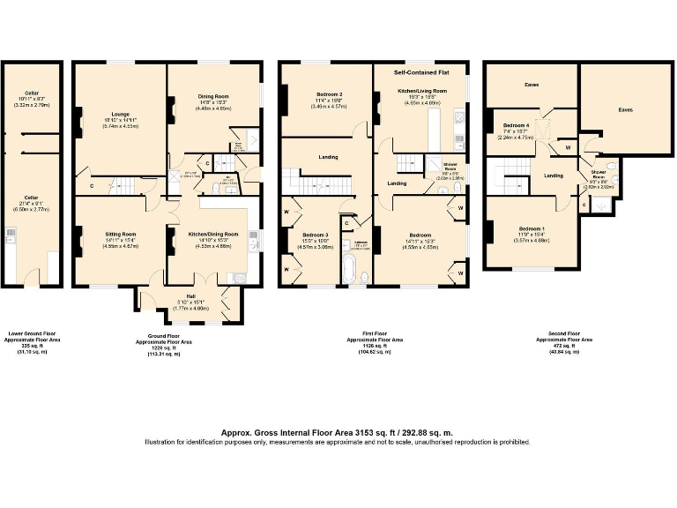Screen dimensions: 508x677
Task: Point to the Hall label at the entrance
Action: pos(190,296)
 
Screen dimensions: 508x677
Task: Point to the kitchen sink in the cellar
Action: pos(11,235)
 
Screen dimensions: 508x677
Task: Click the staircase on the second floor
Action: pos(506,180)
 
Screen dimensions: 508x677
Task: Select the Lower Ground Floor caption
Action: pos(32,334)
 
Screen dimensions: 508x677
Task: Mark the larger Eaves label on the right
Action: pos(625,110)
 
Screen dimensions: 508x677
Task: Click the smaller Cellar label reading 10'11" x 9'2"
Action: pos(32,93)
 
